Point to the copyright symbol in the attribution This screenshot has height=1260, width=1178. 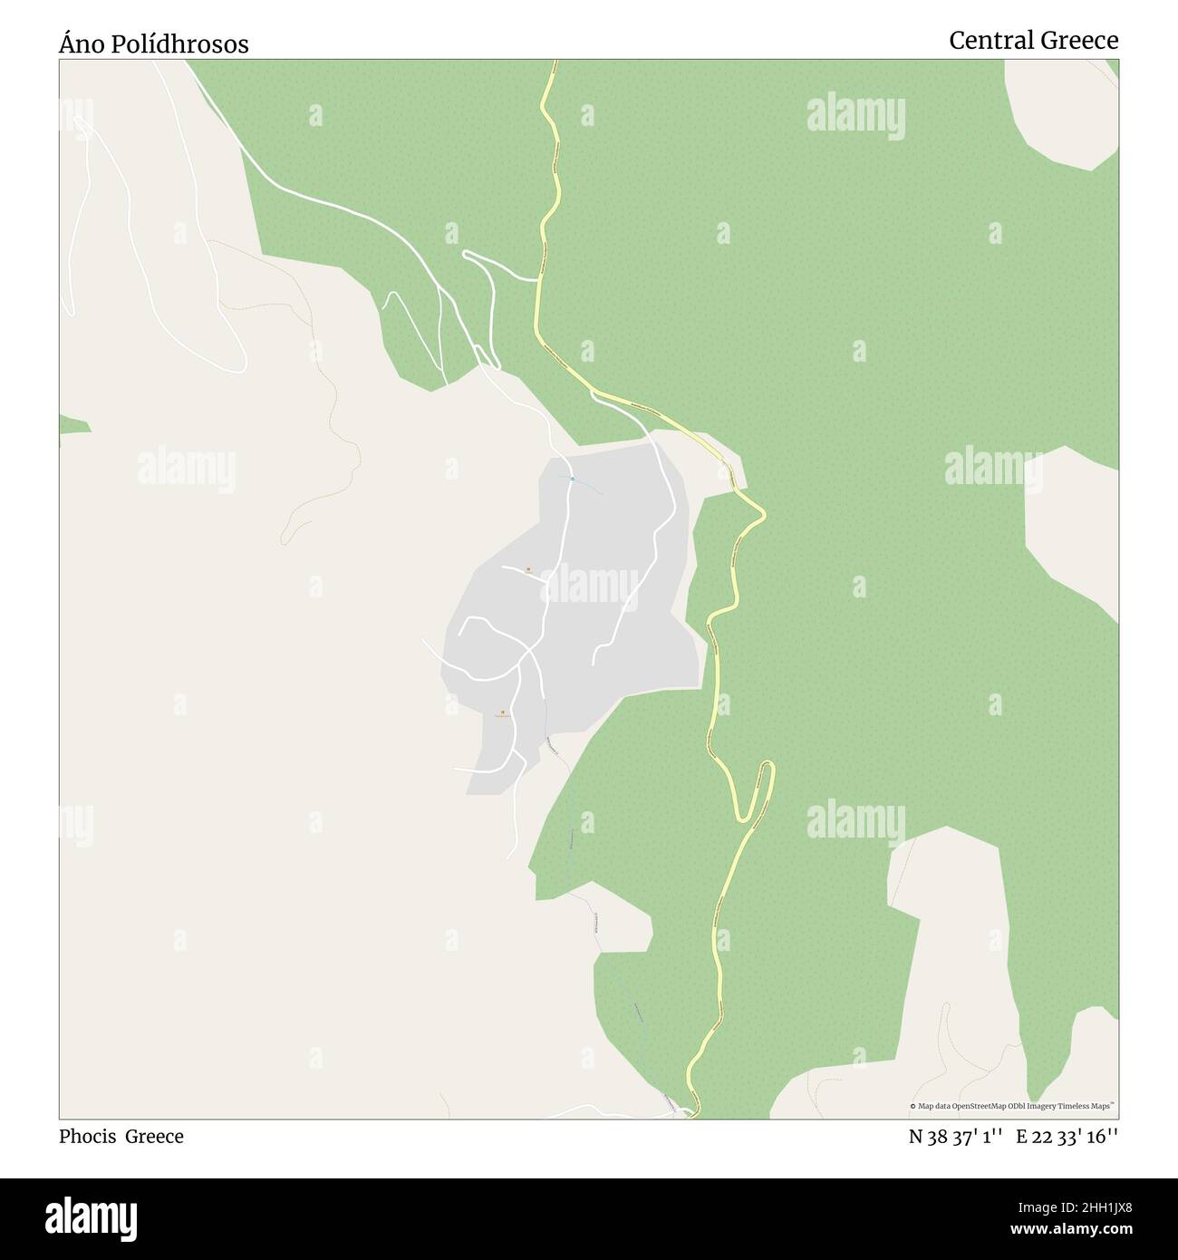pyautogui.click(x=913, y=1106)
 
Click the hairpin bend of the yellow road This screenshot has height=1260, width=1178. pyautogui.click(x=767, y=769)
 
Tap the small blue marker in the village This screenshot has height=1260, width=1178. pyautogui.click(x=572, y=478)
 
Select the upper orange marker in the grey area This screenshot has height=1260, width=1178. pyautogui.click(x=528, y=569)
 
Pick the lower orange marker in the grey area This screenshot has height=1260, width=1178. pyautogui.click(x=502, y=712)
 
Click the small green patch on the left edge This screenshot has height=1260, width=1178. pyautogui.click(x=72, y=423)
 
